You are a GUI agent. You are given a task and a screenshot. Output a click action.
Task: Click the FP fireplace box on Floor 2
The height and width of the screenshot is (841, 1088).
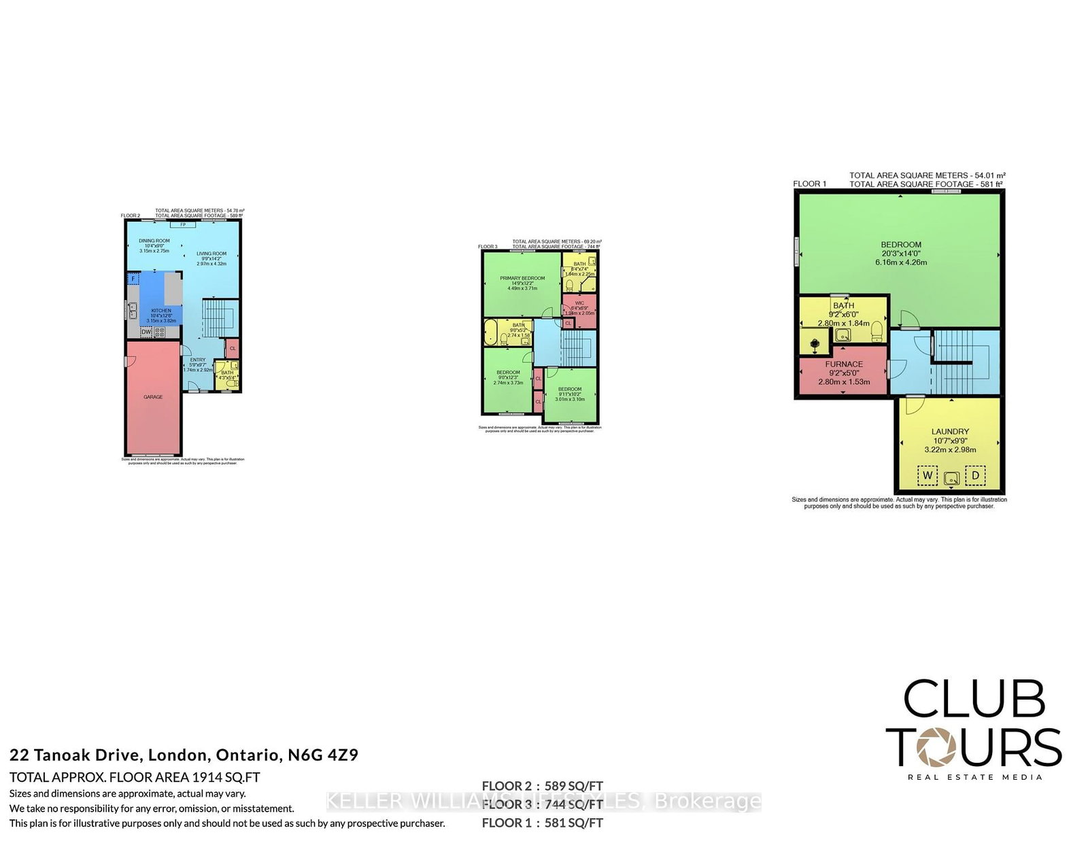pyautogui.click(x=182, y=224)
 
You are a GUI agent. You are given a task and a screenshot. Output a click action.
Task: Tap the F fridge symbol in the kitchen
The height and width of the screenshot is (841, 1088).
pyautogui.click(x=133, y=279)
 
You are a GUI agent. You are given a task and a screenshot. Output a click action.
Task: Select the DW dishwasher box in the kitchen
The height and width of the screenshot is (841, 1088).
pyautogui.click(x=146, y=332)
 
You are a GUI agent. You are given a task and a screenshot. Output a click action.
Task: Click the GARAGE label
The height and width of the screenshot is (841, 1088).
pyautogui.click(x=153, y=397)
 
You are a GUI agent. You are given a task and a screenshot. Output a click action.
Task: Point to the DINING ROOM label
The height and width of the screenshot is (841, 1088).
pyautogui.click(x=154, y=241)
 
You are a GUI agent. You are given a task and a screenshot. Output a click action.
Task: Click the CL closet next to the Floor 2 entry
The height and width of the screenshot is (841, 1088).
pyautogui.click(x=233, y=348)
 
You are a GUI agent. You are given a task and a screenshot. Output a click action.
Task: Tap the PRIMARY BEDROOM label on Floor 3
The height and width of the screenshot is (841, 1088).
pyautogui.click(x=522, y=278)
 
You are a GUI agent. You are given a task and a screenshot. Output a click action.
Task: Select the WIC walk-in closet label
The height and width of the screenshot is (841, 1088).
pyautogui.click(x=579, y=303)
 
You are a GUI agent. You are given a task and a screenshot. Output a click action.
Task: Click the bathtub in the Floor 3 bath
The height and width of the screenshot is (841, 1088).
pyautogui.click(x=491, y=333)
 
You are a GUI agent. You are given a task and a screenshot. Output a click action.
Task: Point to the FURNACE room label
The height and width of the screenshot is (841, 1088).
pyautogui.click(x=844, y=364)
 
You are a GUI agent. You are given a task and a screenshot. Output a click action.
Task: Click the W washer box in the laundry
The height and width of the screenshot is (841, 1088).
pyautogui.click(x=928, y=475)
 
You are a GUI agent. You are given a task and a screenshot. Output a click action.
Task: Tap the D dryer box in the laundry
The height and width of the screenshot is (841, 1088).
pyautogui.click(x=975, y=475)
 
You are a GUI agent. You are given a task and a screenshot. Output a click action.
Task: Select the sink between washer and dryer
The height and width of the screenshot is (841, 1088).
pyautogui.click(x=951, y=477)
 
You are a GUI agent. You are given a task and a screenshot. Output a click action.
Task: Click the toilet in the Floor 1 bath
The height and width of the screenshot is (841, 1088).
pyautogui.click(x=877, y=331)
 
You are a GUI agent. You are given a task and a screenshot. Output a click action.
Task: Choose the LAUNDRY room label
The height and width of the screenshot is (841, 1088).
pyautogui.click(x=950, y=432)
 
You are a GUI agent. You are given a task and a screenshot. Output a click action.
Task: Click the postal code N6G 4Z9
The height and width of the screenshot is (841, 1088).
pyautogui.click(x=323, y=755)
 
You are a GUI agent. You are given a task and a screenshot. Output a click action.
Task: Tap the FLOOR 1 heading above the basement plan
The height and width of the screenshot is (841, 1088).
pyautogui.click(x=809, y=184)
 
